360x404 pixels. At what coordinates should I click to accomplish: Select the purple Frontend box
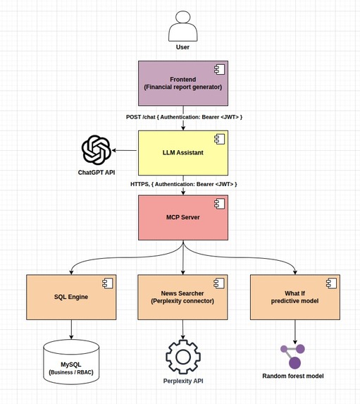click(182, 82)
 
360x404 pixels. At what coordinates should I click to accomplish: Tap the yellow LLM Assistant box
click(182, 152)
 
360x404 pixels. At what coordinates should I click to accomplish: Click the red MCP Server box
click(182, 217)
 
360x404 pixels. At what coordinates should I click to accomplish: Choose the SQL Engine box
click(71, 296)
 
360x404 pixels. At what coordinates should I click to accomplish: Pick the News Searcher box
click(182, 296)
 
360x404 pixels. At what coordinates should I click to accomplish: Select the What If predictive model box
click(294, 296)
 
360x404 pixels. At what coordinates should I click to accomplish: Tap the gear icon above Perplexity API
click(182, 357)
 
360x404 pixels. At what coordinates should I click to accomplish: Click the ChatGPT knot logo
click(97, 149)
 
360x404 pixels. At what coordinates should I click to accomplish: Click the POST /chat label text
click(182, 116)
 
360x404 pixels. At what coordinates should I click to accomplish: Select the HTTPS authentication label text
click(183, 184)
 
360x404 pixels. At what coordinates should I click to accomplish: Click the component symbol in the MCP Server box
click(219, 204)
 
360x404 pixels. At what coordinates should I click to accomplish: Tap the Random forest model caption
click(293, 376)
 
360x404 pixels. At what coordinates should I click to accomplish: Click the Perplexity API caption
click(182, 381)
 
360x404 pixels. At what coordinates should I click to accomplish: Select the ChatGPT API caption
click(97, 172)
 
